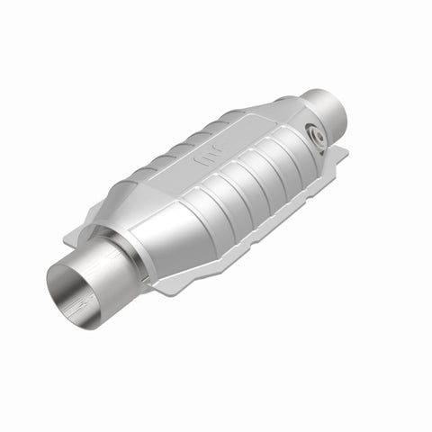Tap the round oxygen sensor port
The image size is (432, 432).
click(x=317, y=133)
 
